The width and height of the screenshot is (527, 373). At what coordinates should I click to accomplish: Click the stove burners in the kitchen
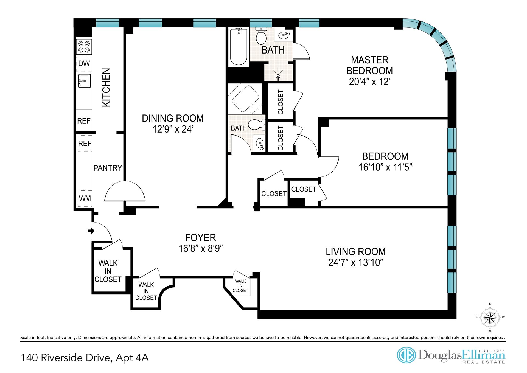[x=84, y=47]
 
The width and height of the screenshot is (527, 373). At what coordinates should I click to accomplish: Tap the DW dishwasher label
[x=84, y=63]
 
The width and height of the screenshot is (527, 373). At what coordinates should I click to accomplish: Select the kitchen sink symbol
[x=84, y=81]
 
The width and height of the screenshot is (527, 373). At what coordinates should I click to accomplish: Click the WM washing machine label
[x=85, y=198]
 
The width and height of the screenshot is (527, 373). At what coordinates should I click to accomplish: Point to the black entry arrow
[x=91, y=231]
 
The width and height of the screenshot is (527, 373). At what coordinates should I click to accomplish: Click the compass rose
[x=490, y=317]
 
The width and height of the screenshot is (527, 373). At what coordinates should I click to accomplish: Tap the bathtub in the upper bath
[x=239, y=46]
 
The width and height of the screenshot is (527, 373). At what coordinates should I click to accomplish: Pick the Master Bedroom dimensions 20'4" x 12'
[x=369, y=82]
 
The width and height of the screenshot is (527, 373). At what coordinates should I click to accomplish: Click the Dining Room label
[x=173, y=118]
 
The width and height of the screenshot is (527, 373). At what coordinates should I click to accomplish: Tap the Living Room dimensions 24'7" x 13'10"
[x=356, y=262]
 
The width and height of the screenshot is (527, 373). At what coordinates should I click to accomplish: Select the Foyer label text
[x=201, y=237]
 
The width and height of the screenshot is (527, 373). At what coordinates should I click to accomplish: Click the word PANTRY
[x=108, y=168]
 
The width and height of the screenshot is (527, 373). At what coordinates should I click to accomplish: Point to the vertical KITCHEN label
[x=106, y=87]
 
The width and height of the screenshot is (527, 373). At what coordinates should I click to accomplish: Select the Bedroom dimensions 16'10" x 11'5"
[x=385, y=167]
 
